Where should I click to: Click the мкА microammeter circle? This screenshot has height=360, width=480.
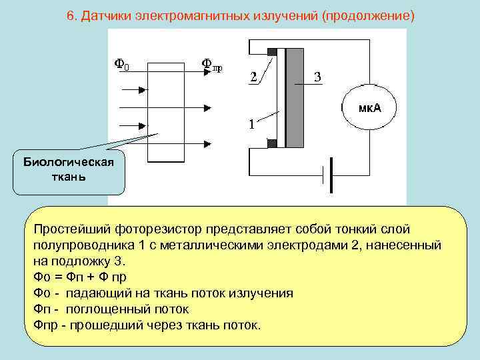point(369,109)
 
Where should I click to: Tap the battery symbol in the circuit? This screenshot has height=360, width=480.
point(327,175)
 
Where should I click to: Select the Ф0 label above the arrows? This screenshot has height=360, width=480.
point(123,64)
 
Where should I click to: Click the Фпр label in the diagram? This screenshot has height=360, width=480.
point(212,65)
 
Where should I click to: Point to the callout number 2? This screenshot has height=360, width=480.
point(253,77)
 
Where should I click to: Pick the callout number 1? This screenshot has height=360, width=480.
point(251,124)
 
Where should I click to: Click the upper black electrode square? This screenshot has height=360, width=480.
point(271,52)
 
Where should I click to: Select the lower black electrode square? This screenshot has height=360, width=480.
point(271,143)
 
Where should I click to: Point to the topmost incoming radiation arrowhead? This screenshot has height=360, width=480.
point(145,89)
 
